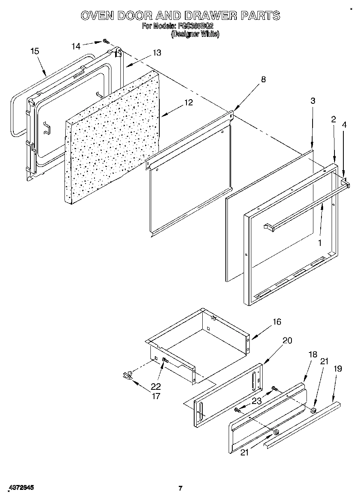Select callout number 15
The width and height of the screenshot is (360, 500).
35,51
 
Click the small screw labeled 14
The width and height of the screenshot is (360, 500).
105,41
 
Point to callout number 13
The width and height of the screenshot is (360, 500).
156,53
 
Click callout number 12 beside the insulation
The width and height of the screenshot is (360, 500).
188,103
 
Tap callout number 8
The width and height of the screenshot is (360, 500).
263,79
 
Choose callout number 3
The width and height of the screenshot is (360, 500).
313,101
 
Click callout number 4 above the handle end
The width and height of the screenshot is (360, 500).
344,125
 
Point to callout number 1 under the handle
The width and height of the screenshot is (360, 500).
320,243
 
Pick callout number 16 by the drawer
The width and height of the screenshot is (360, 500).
276,322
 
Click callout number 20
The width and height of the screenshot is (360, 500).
287,340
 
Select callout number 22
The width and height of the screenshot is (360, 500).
156,386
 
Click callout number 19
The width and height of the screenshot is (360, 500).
338,369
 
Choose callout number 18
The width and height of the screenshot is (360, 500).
313,355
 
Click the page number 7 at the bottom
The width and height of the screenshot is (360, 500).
180,488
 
